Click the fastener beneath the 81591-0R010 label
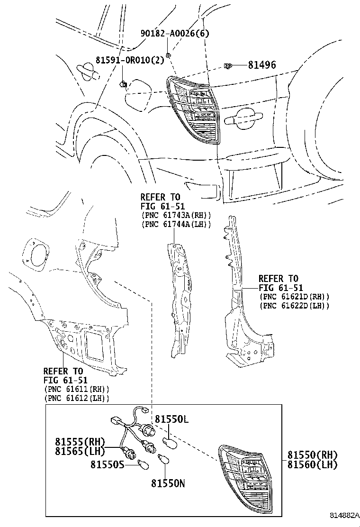click(123, 84)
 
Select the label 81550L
click(171, 419)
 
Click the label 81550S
click(108, 464)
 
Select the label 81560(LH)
click(312, 464)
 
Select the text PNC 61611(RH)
click(76, 389)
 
